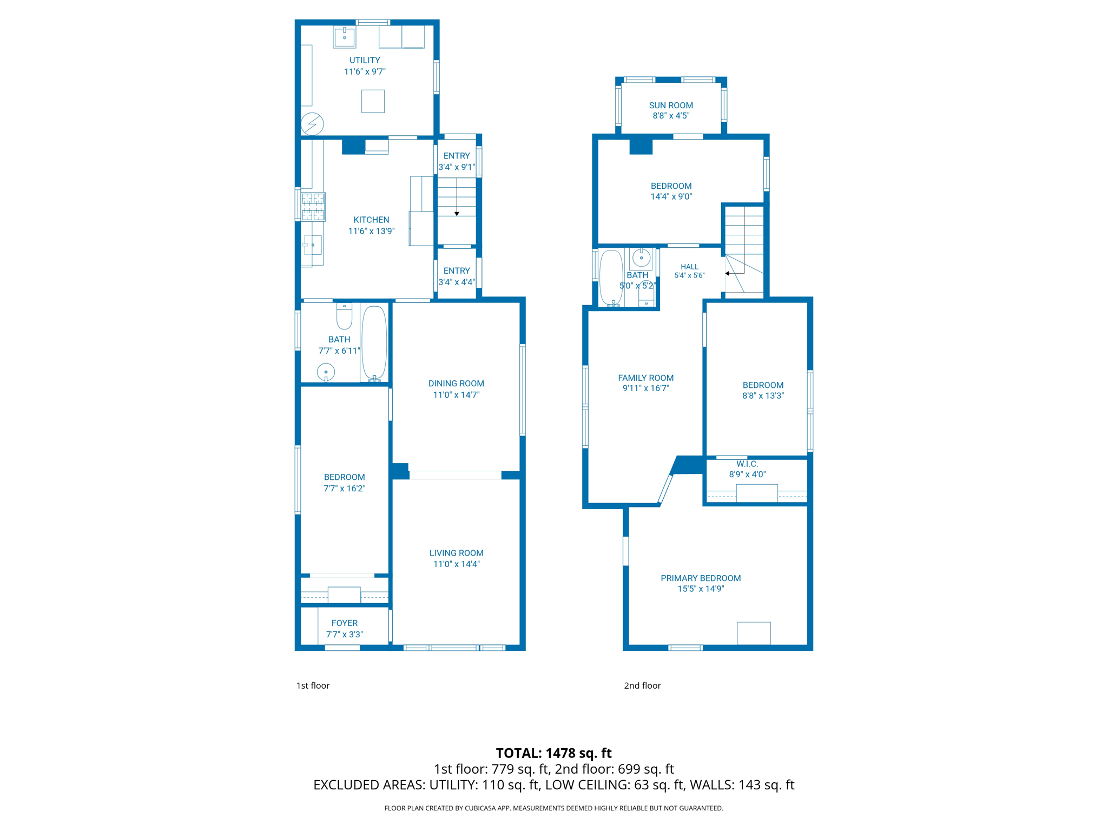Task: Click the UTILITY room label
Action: coord(364,60)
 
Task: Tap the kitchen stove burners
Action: coord(313,207)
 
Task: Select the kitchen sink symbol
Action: coord(312,245)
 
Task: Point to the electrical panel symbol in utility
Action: coord(312,124)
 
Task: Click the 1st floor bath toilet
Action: coord(344,316)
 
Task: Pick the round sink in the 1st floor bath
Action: coord(326,372)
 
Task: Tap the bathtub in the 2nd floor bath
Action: coord(611,277)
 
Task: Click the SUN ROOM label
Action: coord(670,105)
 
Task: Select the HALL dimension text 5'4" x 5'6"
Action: coord(689,275)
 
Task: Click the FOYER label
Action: coord(344,623)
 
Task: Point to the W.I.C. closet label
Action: coord(747,464)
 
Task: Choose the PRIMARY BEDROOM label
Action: coord(700,578)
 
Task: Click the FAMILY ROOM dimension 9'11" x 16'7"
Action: coord(645,388)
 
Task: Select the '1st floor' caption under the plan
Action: coord(313,685)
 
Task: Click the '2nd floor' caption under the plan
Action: coord(642,685)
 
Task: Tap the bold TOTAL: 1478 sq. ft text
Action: coord(553,753)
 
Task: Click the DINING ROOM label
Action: coord(456,384)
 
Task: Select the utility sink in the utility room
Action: coord(344,37)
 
